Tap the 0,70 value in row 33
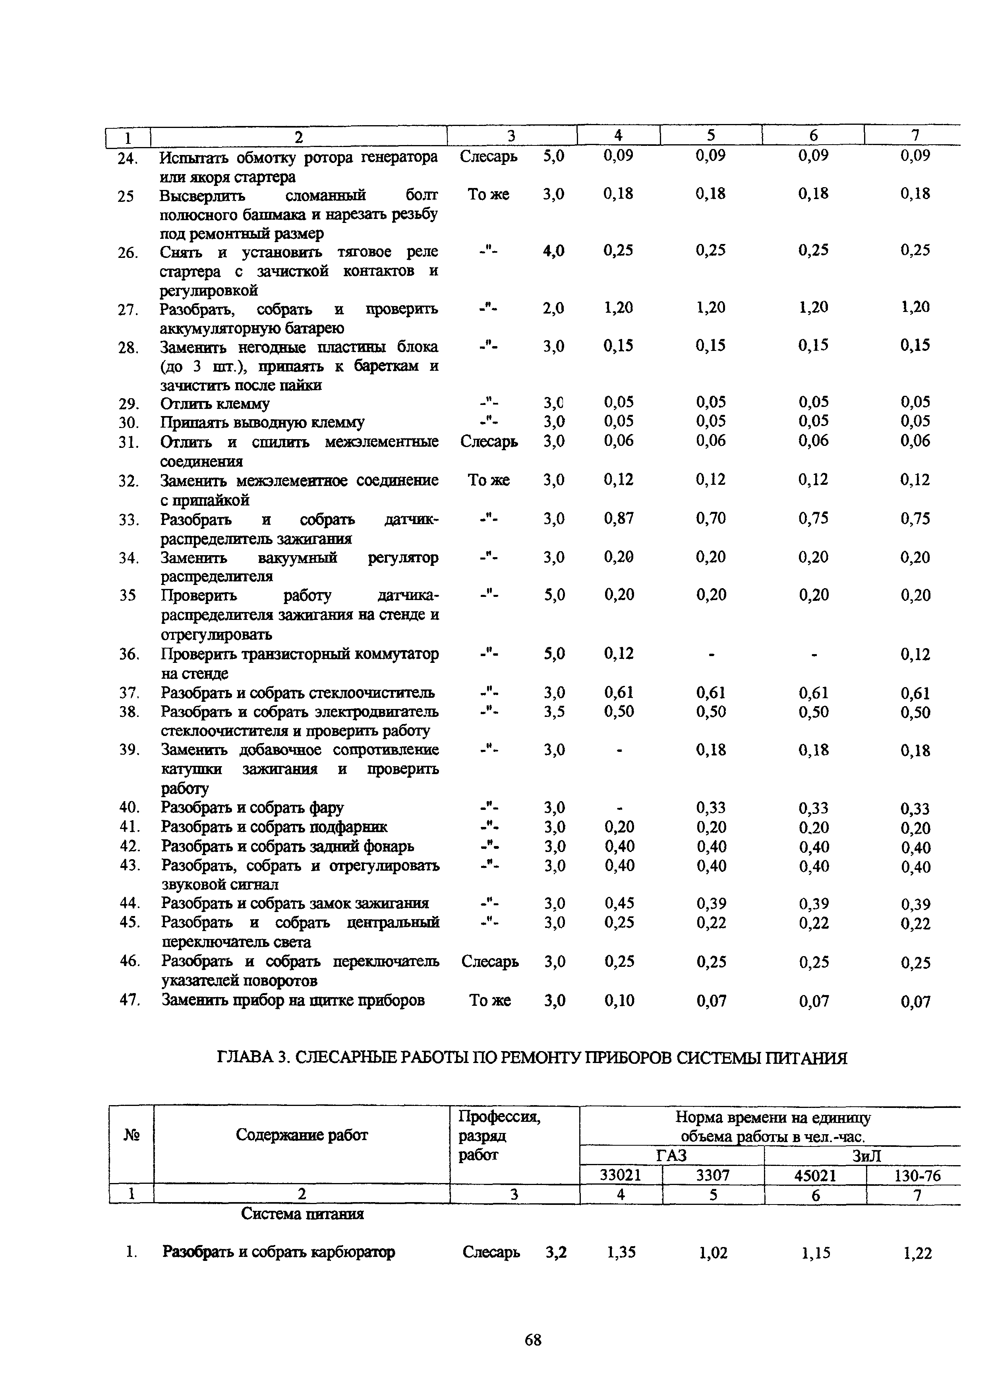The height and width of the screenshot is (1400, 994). click(x=711, y=519)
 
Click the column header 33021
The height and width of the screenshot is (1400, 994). click(x=620, y=1175)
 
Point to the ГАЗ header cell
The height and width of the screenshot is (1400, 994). click(x=671, y=1155)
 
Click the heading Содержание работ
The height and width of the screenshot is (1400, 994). click(x=302, y=1135)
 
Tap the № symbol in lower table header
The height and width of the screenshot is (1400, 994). click(x=131, y=1135)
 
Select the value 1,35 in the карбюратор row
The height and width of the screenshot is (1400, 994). click(x=621, y=1253)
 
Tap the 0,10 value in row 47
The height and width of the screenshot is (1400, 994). click(x=619, y=1000)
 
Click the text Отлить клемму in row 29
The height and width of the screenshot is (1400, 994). click(x=215, y=403)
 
